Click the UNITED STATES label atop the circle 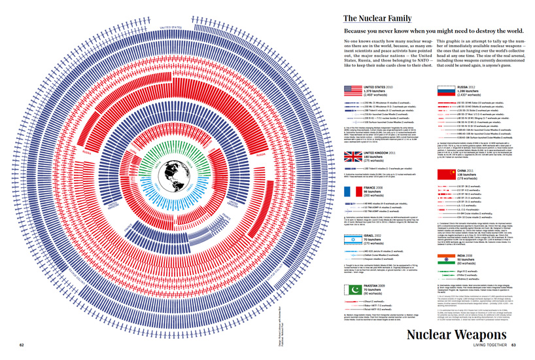pos(155,10)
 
